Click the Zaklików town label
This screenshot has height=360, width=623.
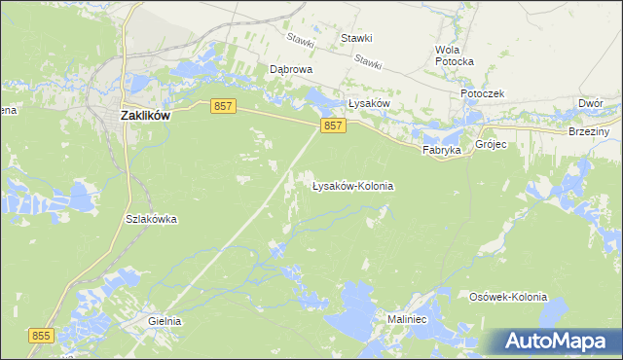pos(145,114)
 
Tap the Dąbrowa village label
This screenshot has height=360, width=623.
pos(290,70)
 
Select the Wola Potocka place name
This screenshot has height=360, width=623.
pos(455,55)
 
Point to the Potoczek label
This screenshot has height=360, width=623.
pos(483,93)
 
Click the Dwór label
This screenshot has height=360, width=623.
pos(591,102)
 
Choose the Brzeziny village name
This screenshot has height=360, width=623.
pos(588,131)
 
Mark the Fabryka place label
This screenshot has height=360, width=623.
pos(440,151)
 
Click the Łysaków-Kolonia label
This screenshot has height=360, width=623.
pos(352,185)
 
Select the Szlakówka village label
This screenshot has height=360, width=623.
pos(151,219)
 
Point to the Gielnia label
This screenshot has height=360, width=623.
pos(165,320)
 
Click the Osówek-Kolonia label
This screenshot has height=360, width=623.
pos(508,297)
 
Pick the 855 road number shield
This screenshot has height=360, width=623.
pos(41,336)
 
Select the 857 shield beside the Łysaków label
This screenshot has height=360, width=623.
pos(333,126)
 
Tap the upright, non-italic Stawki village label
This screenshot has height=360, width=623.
pos(356,38)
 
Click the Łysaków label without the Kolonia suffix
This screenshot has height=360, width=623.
pos(369,103)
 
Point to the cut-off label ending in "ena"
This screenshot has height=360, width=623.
pos(8,110)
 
